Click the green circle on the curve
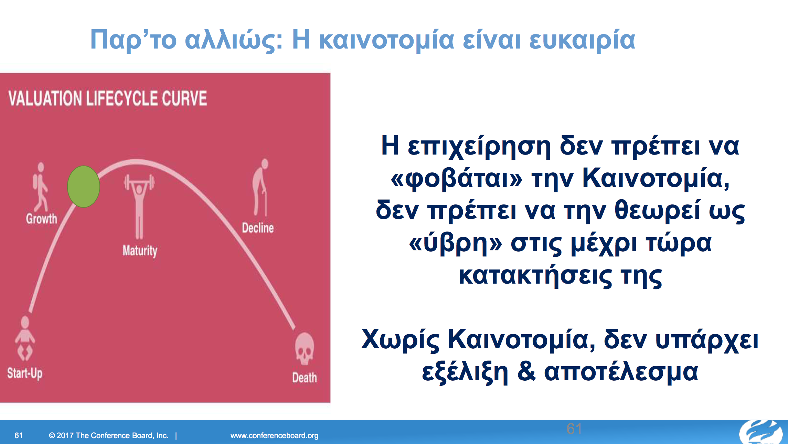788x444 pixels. point(84,187)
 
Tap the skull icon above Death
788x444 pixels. point(305,348)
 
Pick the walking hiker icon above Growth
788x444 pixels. point(41,187)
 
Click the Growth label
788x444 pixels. point(42,219)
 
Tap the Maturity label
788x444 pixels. point(140,251)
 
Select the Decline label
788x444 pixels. point(258,228)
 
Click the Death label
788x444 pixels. point(305,378)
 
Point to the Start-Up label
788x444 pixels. point(25,373)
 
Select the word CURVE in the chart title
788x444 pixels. point(184,98)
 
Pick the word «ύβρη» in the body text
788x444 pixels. point(456,244)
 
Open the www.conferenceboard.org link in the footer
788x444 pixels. point(275,435)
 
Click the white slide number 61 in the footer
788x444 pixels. point(19,435)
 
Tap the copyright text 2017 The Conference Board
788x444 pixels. point(109,435)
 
